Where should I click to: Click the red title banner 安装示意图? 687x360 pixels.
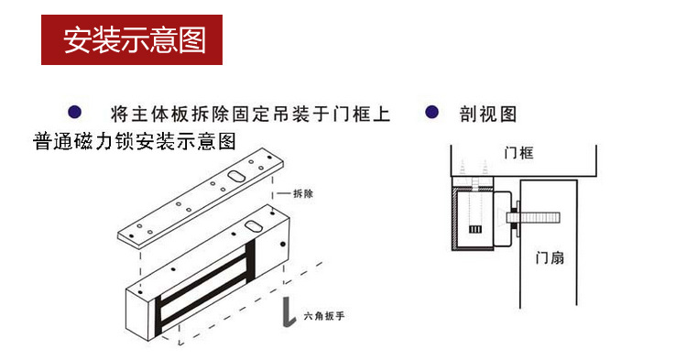pos(132,40)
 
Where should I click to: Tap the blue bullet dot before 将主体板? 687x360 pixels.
pos(74,113)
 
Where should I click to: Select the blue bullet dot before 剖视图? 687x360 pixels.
pos(432,112)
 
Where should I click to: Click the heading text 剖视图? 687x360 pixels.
pos(488,114)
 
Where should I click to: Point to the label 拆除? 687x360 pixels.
pos(303,193)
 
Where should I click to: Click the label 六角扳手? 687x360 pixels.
pos(323,315)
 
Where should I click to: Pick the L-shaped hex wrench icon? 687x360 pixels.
pos(288,312)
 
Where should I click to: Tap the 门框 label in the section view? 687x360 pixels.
pos(518,153)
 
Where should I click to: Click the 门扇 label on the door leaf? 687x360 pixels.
pos(550,257)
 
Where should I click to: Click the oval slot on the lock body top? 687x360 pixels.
pos(253,226)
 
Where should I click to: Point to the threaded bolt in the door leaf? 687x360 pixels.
pos(534,217)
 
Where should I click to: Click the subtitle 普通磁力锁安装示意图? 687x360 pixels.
pos(135,141)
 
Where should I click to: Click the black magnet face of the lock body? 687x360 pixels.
pos(204,285)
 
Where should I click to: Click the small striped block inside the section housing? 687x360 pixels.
pos(475,229)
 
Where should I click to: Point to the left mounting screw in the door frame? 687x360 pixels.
pos(463,168)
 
